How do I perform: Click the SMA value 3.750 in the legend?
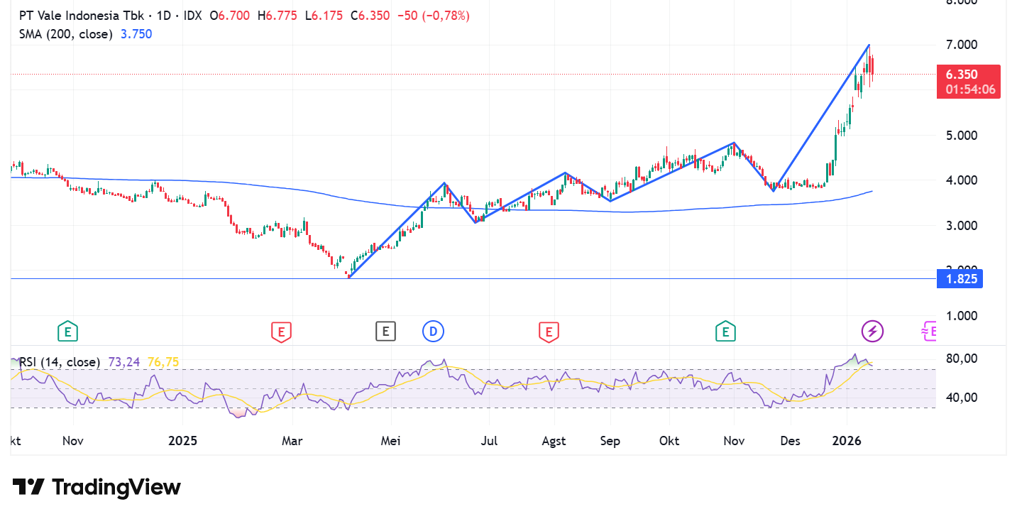click(x=136, y=33)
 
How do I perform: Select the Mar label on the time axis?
click(x=292, y=441)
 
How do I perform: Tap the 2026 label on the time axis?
click(x=847, y=441)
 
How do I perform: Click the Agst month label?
click(x=554, y=441)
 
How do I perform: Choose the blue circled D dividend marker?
click(x=432, y=331)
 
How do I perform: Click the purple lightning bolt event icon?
click(x=872, y=331)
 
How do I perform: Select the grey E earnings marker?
click(x=385, y=331)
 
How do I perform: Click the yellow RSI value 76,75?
click(x=163, y=362)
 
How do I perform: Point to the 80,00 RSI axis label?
click(x=963, y=359)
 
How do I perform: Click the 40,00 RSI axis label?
click(x=963, y=398)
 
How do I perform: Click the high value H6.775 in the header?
click(x=278, y=16)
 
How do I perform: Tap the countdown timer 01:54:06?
click(x=969, y=89)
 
